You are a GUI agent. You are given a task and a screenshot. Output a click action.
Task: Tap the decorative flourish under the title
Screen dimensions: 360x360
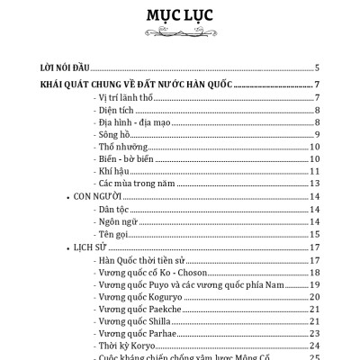coord(180,35)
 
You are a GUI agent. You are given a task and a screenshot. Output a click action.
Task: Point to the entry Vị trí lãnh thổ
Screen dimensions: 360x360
coord(126,96)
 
